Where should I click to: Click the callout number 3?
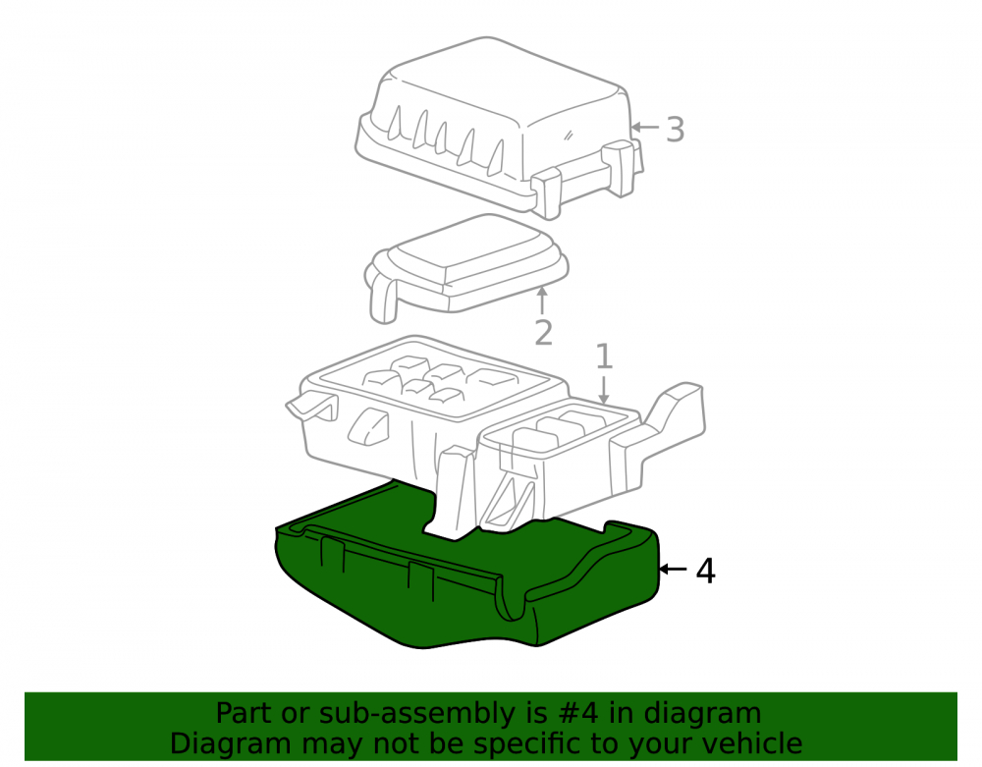coord(675,130)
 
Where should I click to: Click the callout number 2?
coord(543,333)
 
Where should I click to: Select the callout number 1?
coord(603,356)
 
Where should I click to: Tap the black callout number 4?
coord(706,571)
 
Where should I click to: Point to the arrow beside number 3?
coord(644,127)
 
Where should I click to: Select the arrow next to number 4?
coord(674,569)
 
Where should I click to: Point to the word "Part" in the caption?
coord(245,713)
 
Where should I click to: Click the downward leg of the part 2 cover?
coord(384,300)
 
